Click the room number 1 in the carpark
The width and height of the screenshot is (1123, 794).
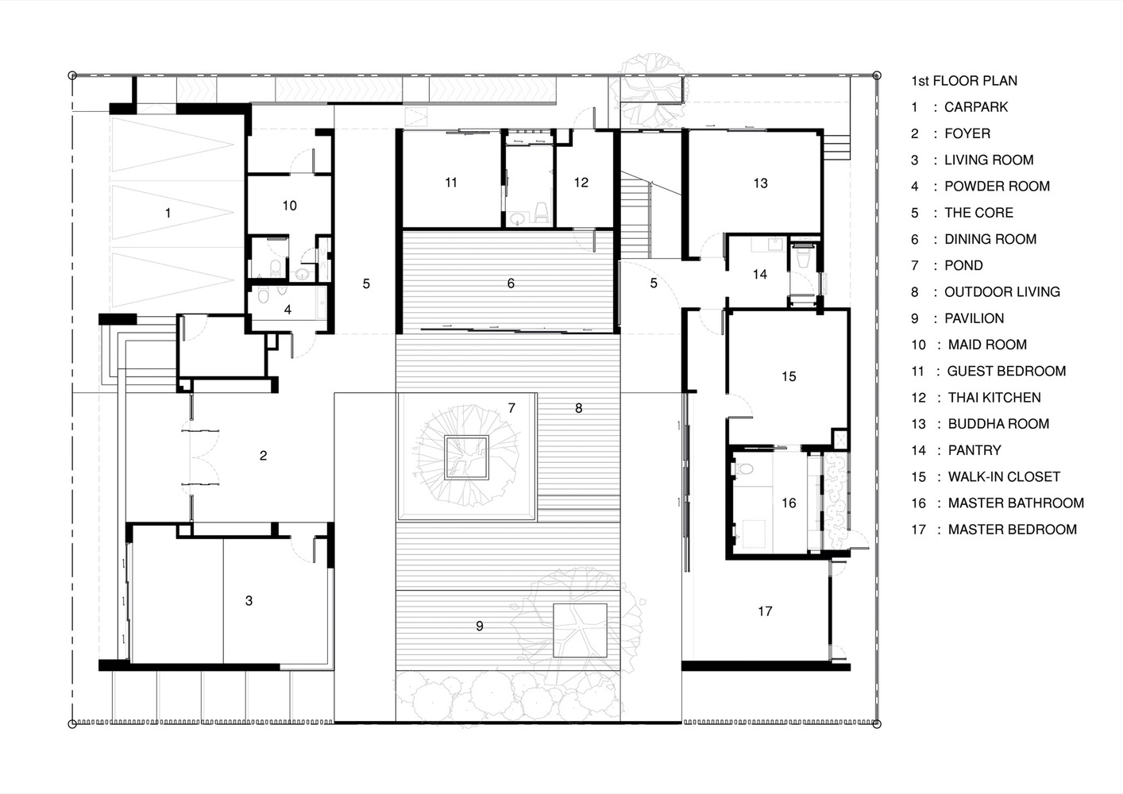168,213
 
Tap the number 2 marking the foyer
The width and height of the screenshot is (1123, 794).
263,456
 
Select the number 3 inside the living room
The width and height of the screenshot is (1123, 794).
249,601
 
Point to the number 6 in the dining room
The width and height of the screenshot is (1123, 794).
511,283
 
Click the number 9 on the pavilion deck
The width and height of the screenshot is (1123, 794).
480,626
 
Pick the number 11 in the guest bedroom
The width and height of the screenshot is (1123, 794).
451,183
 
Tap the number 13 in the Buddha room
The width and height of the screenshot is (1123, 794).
760,183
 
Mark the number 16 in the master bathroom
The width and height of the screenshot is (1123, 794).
789,503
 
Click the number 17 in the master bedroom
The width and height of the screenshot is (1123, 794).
765,611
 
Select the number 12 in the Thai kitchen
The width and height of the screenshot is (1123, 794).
581,183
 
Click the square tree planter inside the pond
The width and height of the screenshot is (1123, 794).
466,458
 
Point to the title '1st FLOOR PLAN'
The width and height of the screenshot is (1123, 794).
963,81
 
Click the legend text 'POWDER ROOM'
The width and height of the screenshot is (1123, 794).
997,187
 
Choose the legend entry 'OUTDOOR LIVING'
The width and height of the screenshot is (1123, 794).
1001,292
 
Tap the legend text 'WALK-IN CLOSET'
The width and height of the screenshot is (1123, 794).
1004,477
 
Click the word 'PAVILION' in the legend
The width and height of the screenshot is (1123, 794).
974,318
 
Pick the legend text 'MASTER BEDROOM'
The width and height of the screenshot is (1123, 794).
1012,530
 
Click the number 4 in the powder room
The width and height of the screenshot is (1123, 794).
288,310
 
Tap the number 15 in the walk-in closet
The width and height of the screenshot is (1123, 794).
789,376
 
